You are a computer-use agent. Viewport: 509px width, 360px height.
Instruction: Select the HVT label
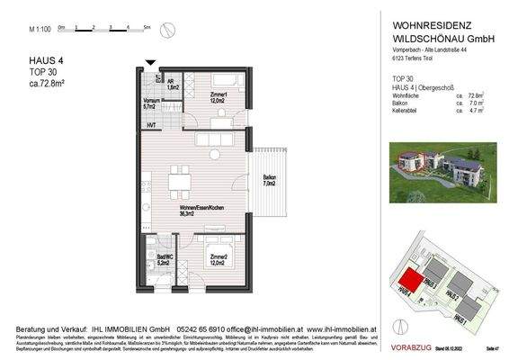[x=152, y=124]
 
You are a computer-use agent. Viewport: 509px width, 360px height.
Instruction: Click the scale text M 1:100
[x=39, y=30]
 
